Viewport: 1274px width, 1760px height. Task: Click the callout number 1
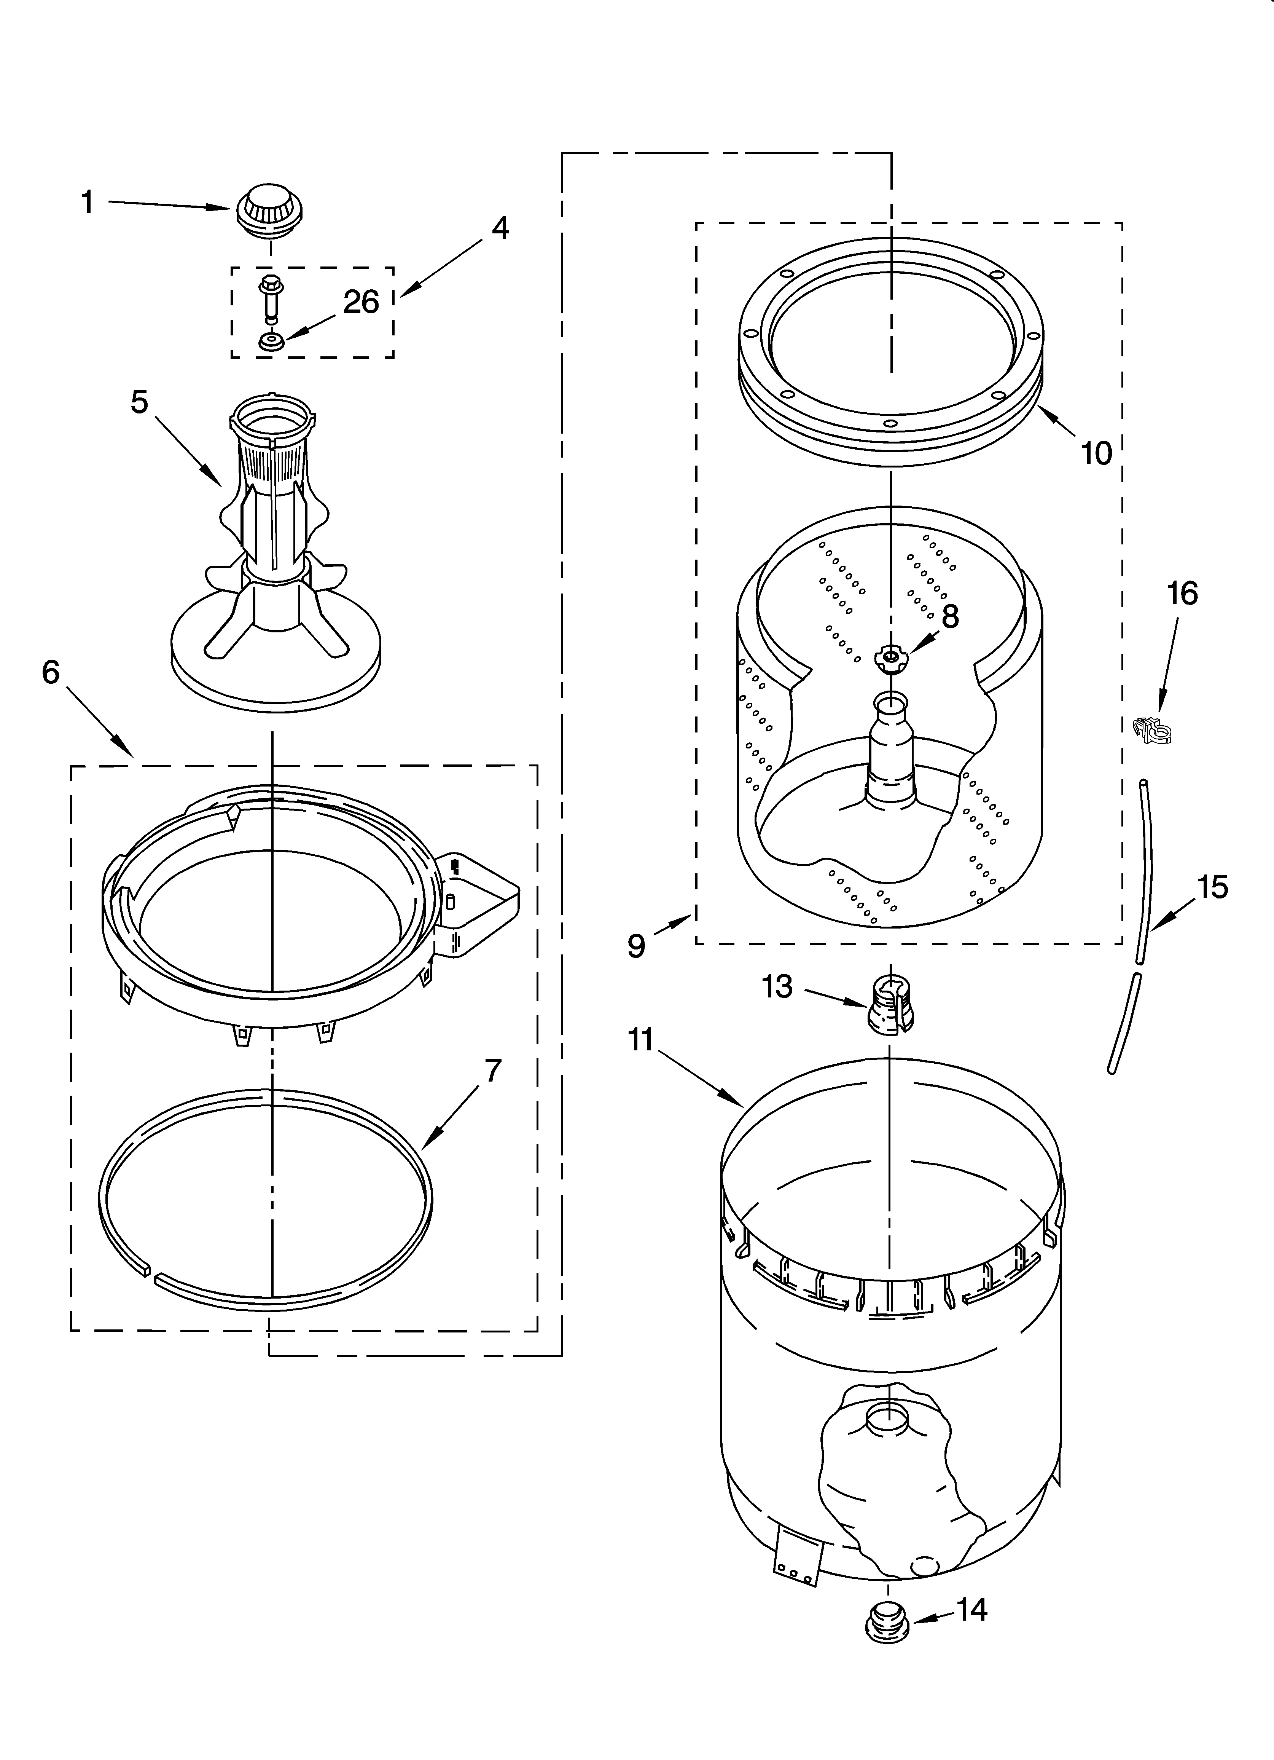click(x=88, y=203)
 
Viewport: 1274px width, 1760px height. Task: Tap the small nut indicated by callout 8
click(x=891, y=659)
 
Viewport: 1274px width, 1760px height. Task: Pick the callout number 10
click(x=1096, y=453)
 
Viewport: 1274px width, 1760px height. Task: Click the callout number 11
click(x=640, y=1039)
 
